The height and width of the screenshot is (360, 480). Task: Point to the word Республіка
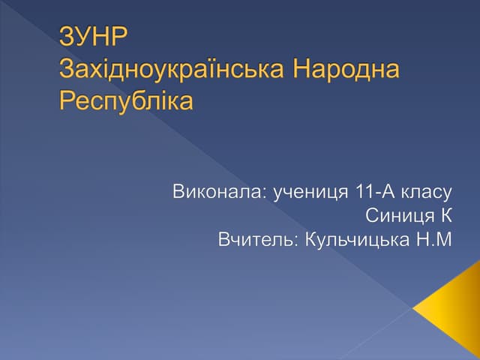[x=126, y=100]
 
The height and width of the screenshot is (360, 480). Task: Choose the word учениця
[x=307, y=193]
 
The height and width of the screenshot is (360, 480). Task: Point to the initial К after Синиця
[x=447, y=217]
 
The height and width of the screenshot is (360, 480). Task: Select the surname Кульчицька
[x=358, y=241]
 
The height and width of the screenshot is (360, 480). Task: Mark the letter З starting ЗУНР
[x=66, y=37]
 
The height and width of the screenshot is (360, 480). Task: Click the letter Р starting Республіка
[x=66, y=100]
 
